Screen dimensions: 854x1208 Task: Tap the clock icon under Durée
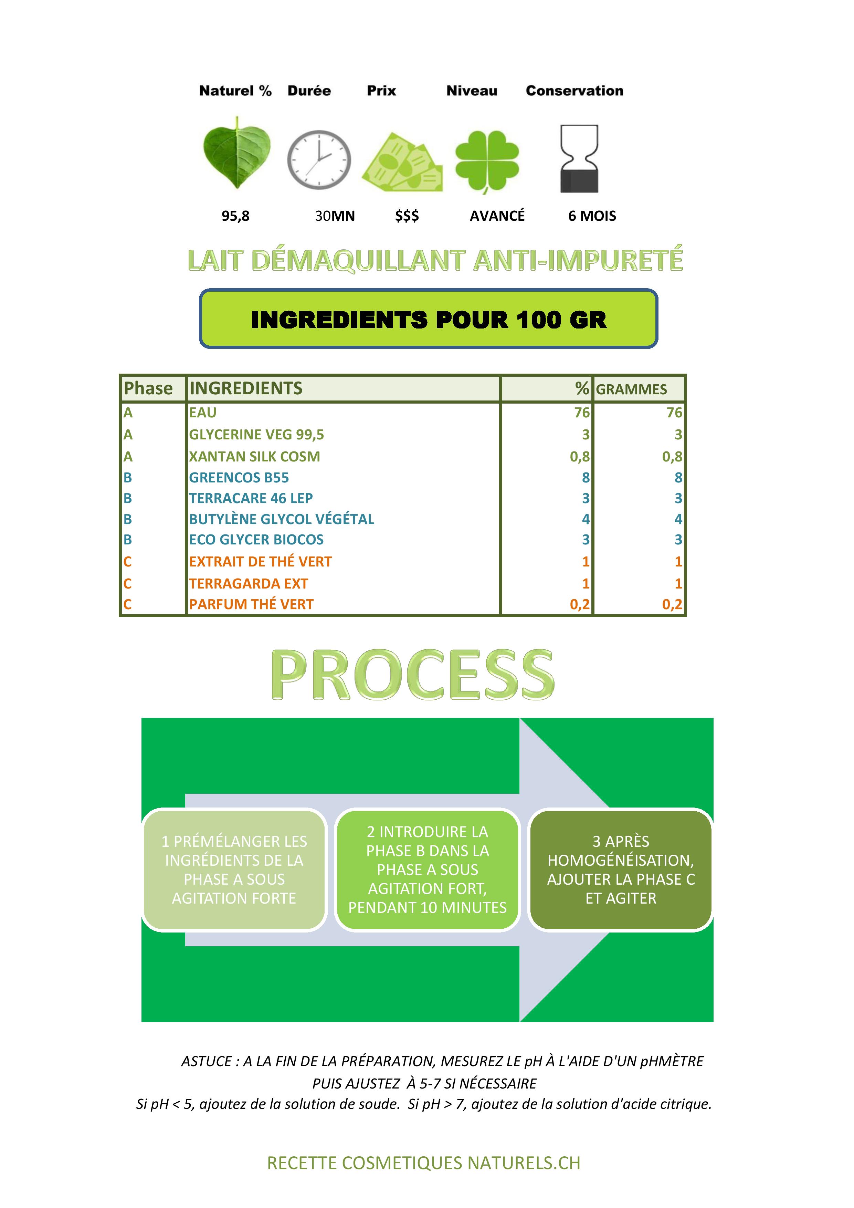pyautogui.click(x=319, y=160)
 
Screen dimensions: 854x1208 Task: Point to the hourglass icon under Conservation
pyautogui.click(x=579, y=158)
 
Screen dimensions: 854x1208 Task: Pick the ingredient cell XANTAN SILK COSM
pyautogui.click(x=254, y=457)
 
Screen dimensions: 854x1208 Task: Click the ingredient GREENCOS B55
pyautogui.click(x=239, y=478)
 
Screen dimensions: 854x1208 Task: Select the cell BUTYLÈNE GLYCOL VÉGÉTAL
pyautogui.click(x=282, y=519)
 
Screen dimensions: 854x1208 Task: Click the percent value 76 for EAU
pyautogui.click(x=582, y=413)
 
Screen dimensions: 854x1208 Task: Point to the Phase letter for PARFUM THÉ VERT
pyautogui.click(x=127, y=605)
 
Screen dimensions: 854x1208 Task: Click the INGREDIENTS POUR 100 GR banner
pyautogui.click(x=429, y=319)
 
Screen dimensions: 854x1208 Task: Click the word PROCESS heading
pyautogui.click(x=413, y=675)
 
